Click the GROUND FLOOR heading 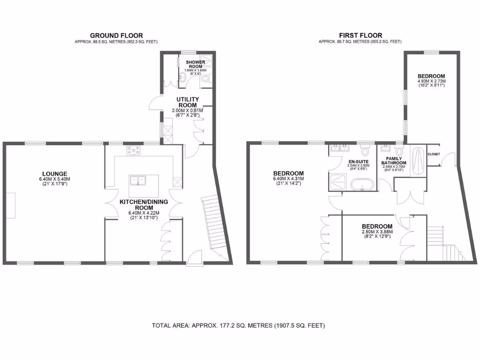point(116,36)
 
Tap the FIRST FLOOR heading point(360,36)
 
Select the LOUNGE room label point(53,173)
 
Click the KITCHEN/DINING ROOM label point(143,204)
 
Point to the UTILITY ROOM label point(187,102)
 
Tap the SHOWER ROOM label point(194,64)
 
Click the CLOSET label point(434,154)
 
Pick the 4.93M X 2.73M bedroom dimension point(431,81)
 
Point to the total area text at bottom point(238,325)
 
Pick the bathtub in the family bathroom point(418,161)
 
